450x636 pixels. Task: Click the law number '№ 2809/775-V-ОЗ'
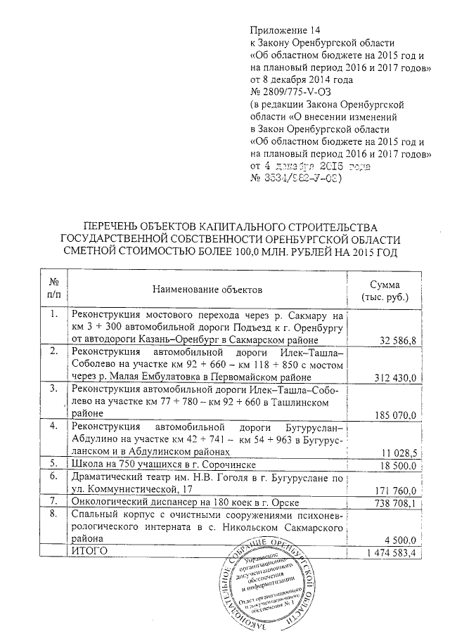(x=296, y=93)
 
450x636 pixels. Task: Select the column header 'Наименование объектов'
(x=207, y=289)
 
